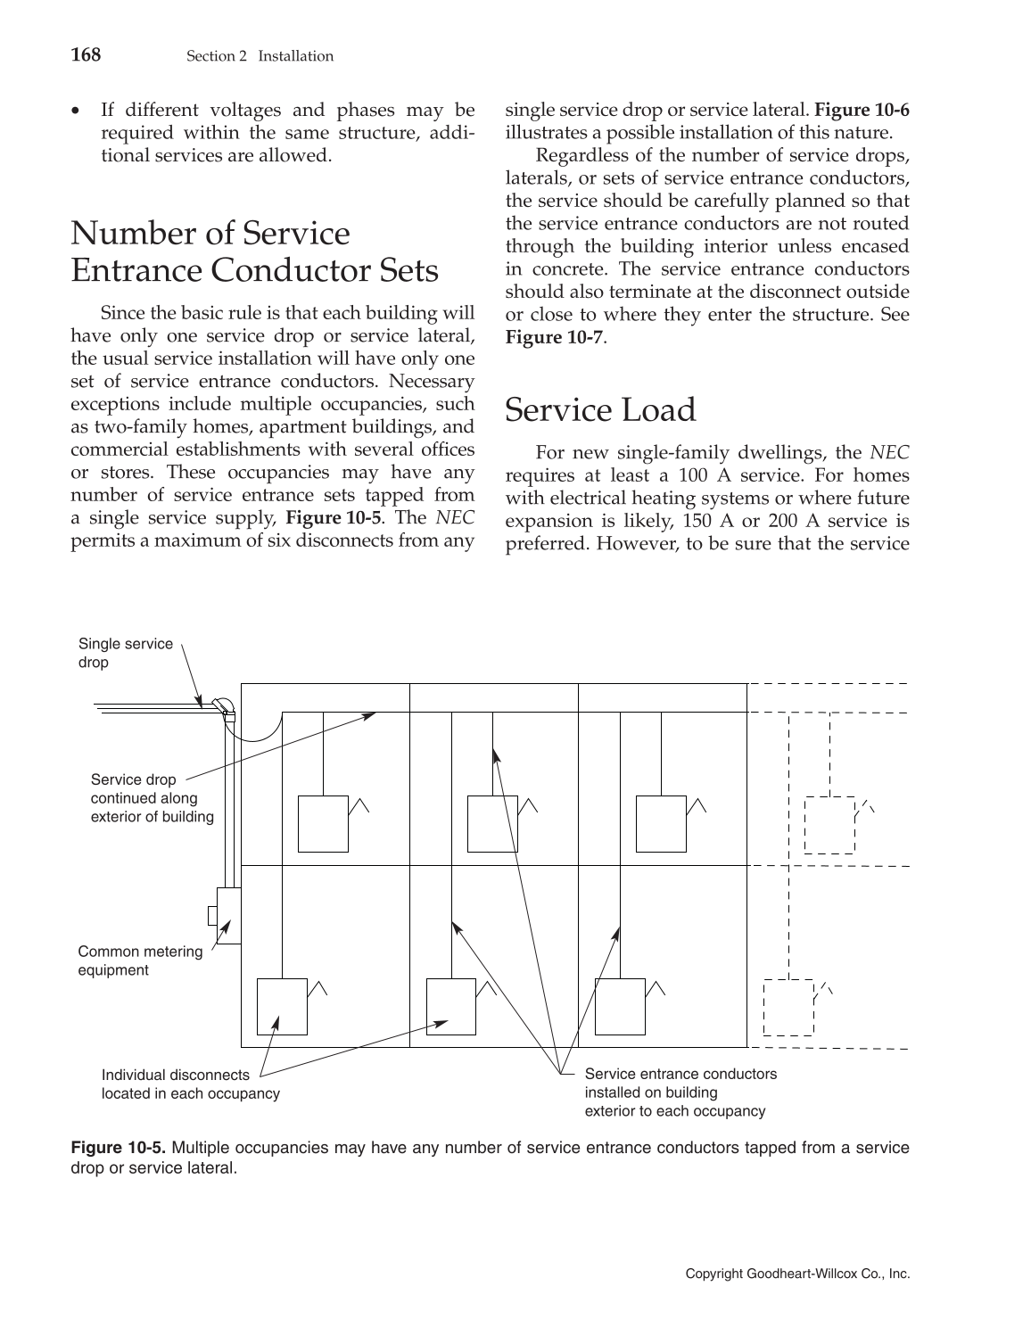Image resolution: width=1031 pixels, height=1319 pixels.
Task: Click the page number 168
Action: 86,55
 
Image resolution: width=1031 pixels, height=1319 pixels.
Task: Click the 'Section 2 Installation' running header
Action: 260,56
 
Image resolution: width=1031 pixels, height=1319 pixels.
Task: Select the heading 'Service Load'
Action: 600,410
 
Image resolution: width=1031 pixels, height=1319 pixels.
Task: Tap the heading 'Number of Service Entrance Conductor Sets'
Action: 254,251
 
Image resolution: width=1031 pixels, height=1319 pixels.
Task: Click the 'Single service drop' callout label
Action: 125,653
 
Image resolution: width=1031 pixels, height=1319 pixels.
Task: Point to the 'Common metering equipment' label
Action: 140,960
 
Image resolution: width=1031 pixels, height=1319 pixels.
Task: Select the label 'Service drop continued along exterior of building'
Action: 152,798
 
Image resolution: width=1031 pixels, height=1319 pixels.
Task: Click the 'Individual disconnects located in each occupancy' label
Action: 190,1084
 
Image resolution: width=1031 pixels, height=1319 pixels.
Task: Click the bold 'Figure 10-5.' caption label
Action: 118,1147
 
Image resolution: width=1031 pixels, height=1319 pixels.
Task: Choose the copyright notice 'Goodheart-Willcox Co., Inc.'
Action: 797,1274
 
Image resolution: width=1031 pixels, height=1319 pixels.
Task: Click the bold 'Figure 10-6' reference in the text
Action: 862,111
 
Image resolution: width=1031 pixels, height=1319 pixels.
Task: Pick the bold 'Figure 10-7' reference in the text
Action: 553,338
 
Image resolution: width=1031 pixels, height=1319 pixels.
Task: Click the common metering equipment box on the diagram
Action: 227,916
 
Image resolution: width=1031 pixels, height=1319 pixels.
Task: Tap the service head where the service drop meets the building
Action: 223,707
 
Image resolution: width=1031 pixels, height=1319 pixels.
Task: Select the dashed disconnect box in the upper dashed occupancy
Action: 829,825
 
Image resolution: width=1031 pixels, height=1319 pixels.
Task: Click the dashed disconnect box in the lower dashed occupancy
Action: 788,1008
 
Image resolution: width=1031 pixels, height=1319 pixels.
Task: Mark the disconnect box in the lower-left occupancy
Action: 282,1006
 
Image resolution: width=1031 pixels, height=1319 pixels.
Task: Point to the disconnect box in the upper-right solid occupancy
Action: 661,824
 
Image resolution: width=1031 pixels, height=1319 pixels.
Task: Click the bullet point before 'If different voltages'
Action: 77,111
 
